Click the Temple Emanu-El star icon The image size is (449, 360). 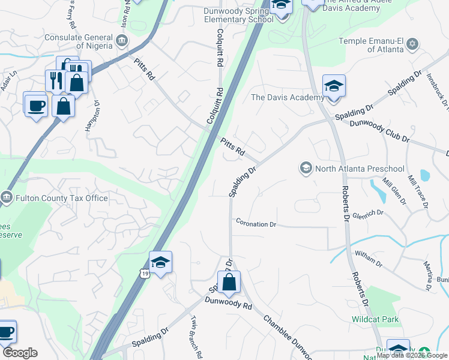coord(412,43)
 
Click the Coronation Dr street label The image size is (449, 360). coord(256,224)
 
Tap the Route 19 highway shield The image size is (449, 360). coord(143,273)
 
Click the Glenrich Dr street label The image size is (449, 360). coord(367,213)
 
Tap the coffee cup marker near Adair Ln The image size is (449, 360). coord(36,105)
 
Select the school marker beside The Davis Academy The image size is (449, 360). coord(334,86)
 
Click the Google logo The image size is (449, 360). coord(20,353)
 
